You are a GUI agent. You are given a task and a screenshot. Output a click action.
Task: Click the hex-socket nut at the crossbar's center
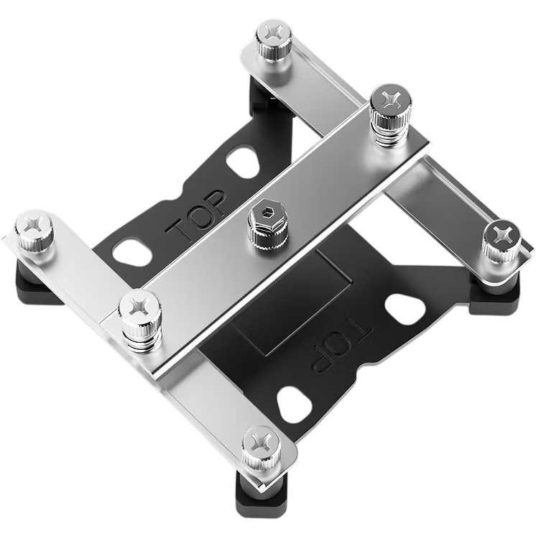click(x=268, y=216)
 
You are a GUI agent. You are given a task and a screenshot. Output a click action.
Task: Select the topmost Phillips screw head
click(x=274, y=32)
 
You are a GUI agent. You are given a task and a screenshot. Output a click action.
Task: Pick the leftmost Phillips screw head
click(x=34, y=226)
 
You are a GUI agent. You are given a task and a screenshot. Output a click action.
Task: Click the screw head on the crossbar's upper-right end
click(x=391, y=99)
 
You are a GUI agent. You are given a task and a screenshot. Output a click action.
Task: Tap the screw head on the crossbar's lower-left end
click(x=139, y=305)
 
